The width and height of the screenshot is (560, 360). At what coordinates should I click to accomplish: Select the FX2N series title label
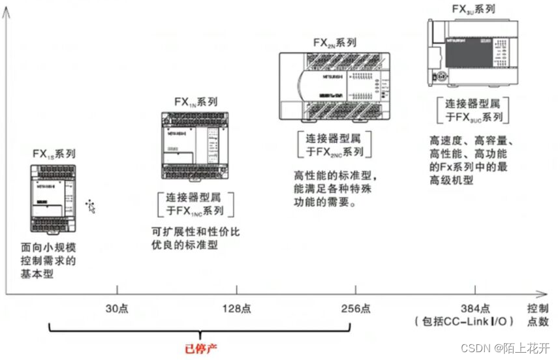334,42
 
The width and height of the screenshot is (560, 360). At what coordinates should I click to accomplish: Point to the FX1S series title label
54,154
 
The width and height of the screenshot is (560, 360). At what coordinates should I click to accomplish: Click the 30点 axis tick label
117,308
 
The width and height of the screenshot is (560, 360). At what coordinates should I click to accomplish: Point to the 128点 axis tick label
237,308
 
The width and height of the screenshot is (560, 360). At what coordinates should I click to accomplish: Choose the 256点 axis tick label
356,308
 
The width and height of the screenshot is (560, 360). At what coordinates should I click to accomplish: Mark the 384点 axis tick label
474,308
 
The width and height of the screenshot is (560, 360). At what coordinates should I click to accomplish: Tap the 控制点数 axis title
538,314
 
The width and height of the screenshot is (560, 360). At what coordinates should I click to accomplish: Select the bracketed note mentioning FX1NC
196,203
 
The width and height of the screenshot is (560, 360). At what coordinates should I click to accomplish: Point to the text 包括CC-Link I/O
464,321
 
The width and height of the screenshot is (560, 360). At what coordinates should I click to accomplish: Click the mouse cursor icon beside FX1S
91,207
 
